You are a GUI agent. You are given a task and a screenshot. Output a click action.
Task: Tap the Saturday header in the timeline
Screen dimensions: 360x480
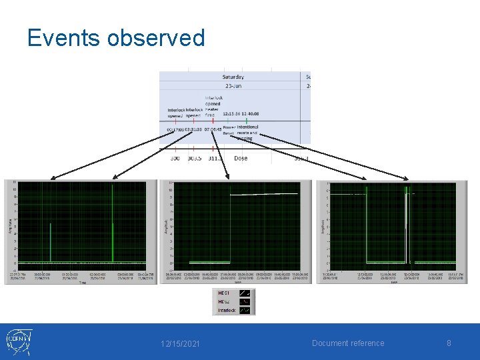pyautogui.click(x=233, y=77)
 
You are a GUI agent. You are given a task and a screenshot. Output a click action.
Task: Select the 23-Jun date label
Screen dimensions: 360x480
pyautogui.click(x=233, y=87)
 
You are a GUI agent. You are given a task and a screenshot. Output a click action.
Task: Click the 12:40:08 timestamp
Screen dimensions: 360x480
pyautogui.click(x=251, y=113)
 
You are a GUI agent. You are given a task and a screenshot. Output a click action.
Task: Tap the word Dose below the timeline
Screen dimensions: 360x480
pyautogui.click(x=241, y=158)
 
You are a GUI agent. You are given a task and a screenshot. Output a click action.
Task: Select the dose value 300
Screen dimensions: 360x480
pyautogui.click(x=175, y=158)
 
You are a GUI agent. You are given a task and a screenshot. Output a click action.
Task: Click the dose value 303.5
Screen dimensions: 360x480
pyautogui.click(x=193, y=158)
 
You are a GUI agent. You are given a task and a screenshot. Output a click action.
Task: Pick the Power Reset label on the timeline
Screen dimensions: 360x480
pyautogui.click(x=229, y=130)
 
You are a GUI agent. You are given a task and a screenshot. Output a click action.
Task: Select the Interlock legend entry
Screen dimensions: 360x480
pyautogui.click(x=227, y=309)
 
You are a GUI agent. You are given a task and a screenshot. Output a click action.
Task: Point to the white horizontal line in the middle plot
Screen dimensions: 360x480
pyautogui.click(x=267, y=194)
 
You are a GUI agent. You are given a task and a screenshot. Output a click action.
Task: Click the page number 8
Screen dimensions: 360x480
pyautogui.click(x=449, y=343)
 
